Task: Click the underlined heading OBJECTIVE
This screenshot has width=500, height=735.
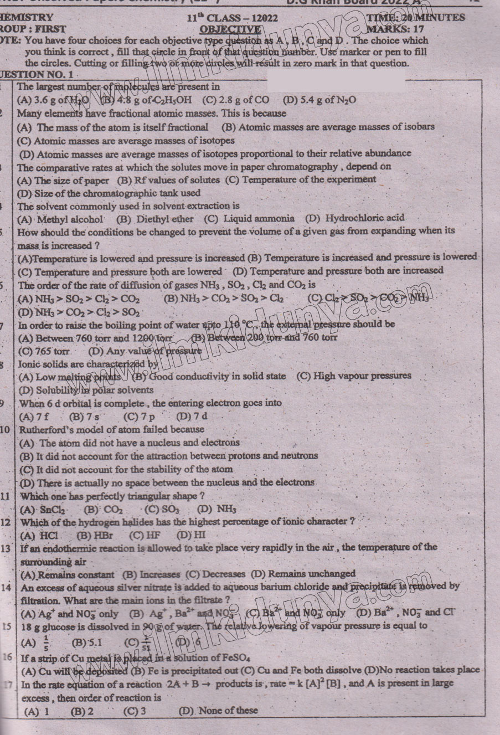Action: (230, 29)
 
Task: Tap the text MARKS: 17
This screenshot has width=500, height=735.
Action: (396, 29)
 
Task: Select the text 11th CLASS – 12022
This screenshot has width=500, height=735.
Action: (232, 18)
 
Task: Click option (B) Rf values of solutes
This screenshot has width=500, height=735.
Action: (168, 180)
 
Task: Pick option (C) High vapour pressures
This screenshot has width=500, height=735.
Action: (354, 376)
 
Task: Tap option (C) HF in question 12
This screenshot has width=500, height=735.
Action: (145, 536)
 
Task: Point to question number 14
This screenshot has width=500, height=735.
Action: (7, 587)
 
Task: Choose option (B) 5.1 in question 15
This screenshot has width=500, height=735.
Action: (87, 643)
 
